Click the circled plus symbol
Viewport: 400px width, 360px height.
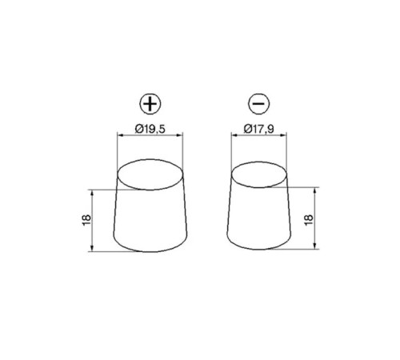pos(150,103)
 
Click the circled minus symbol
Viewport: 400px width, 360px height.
pos(259,103)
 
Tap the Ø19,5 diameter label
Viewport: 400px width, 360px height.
pos(150,129)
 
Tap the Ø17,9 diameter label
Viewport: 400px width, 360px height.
pos(258,129)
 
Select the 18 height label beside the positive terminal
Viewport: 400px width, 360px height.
pos(86,220)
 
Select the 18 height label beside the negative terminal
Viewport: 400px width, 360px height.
pos(309,220)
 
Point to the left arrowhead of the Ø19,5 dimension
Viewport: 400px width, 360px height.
pos(120,135)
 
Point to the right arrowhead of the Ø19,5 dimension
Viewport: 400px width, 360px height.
pos(181,135)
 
